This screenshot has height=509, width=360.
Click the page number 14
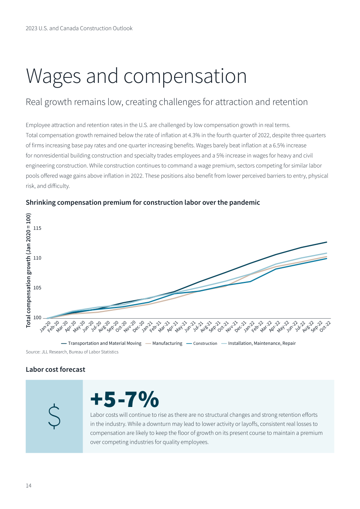[x=29, y=486]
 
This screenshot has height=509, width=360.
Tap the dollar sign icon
[x=54, y=416]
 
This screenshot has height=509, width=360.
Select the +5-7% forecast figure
[x=124, y=399]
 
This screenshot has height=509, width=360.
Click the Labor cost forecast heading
[x=56, y=369]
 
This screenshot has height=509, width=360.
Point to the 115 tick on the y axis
[x=37, y=228]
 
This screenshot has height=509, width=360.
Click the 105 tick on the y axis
[x=37, y=288]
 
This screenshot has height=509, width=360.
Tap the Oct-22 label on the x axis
[x=325, y=327]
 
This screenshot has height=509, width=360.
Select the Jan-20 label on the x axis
[x=45, y=327]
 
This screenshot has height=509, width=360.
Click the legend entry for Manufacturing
[x=164, y=343]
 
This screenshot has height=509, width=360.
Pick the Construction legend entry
[x=202, y=343]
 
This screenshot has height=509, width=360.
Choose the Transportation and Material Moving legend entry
[x=101, y=343]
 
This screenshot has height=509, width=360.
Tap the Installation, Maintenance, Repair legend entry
[x=258, y=343]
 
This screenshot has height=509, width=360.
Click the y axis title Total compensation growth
[x=29, y=271]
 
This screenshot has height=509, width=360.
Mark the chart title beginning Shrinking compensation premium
[x=143, y=203]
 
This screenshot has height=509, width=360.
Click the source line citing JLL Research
[x=72, y=352]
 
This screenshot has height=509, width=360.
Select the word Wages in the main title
[x=54, y=76]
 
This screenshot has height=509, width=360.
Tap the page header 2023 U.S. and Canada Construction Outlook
[x=79, y=29]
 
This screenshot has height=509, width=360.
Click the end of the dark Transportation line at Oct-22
[x=327, y=242]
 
